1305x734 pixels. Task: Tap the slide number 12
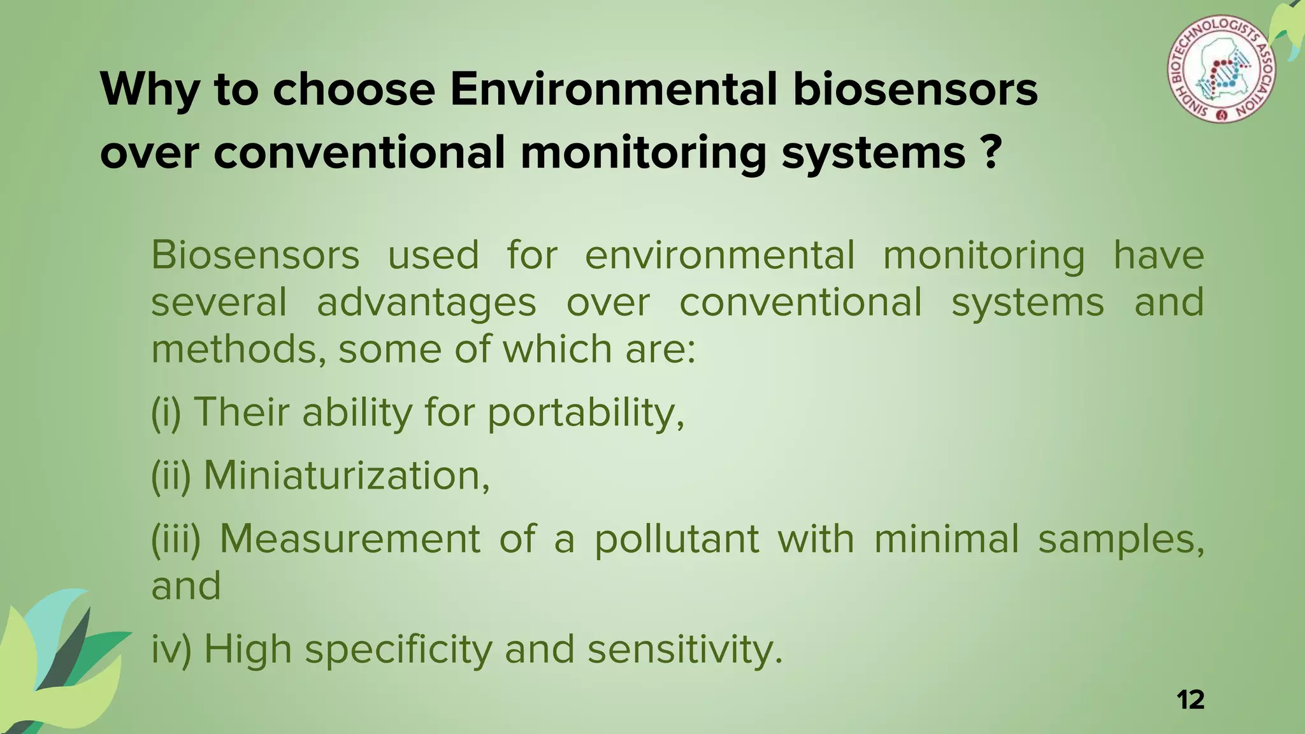point(1190,700)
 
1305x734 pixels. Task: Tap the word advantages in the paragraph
point(426,302)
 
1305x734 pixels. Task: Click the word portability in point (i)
point(585,413)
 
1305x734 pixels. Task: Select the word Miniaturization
point(346,475)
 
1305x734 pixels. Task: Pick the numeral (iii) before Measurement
point(175,539)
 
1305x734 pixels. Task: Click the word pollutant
point(677,539)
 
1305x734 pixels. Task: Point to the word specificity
point(398,650)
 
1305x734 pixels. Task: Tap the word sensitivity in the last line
point(684,650)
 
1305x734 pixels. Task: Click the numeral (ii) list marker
point(171,475)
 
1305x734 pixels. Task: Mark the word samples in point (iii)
point(1121,539)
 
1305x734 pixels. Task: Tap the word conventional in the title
point(359,152)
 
